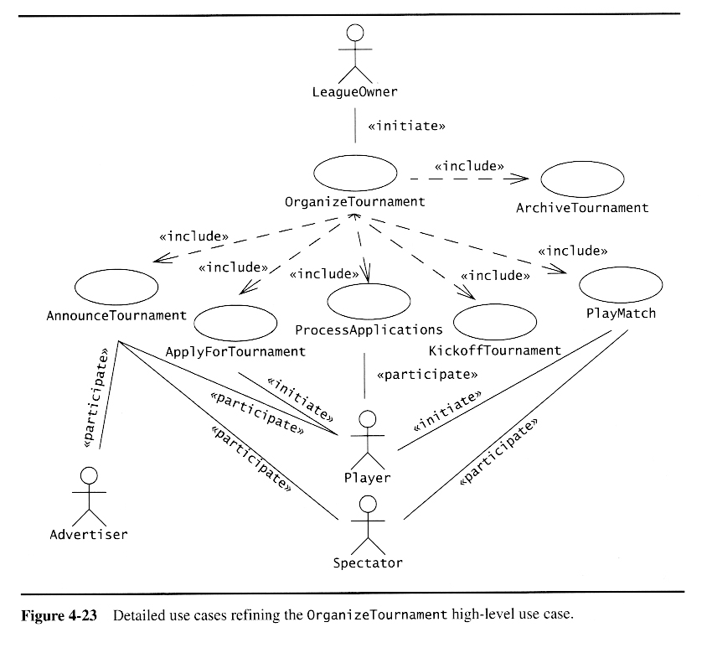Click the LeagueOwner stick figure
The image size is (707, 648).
355,53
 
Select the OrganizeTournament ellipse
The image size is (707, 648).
355,174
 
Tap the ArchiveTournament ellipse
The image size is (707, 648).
583,179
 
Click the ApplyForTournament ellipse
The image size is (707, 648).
235,324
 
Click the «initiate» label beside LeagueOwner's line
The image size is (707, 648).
406,127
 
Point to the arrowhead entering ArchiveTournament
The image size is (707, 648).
524,178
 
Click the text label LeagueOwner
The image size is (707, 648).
355,91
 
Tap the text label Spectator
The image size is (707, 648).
367,562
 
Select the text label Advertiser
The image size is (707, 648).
89,534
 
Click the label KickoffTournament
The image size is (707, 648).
494,350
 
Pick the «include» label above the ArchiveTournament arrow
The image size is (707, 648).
469,165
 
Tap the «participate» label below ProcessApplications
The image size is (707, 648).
428,374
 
